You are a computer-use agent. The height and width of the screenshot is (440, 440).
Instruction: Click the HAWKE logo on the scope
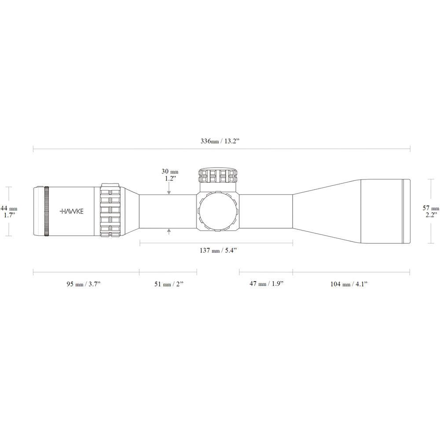(72, 211)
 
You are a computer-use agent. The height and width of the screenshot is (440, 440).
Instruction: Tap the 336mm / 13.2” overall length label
(220, 141)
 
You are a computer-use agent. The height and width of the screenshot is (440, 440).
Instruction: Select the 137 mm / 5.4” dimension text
(219, 250)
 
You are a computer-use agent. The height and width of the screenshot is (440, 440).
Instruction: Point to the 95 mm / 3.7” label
(83, 284)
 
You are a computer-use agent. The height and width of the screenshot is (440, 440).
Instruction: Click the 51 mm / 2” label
(169, 284)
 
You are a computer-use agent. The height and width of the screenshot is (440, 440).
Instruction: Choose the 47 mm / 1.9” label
(267, 283)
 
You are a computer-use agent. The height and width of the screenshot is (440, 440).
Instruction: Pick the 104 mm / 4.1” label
(349, 284)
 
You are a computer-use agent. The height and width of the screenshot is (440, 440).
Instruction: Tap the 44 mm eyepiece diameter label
(9, 209)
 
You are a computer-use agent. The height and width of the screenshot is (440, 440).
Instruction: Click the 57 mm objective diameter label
(431, 208)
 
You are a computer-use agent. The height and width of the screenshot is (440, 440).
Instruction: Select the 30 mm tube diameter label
(170, 172)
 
